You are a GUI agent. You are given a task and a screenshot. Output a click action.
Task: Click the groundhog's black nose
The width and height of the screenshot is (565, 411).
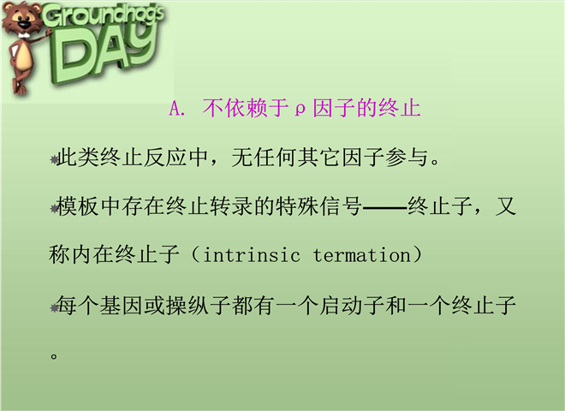24,25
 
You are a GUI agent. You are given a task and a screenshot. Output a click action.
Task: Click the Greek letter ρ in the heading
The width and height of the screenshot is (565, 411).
300,110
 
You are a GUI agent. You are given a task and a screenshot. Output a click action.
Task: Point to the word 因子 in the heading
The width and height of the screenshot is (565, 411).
334,108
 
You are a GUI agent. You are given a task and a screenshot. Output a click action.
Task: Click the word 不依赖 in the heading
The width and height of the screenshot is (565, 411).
235,108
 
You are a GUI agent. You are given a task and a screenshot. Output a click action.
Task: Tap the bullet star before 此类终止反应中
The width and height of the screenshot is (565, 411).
54,160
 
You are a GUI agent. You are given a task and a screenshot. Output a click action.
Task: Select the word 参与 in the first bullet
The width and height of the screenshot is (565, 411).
407,158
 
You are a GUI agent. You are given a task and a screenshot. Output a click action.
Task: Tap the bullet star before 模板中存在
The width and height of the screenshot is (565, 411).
54,209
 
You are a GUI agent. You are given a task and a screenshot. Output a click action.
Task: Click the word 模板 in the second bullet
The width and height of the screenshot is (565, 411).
78,206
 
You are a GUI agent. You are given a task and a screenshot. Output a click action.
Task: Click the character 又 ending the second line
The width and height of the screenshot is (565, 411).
506,206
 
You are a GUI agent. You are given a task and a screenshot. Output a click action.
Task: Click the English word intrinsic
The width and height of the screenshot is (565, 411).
252,255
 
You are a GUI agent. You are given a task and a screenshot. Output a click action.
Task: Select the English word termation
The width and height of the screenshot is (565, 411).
362,255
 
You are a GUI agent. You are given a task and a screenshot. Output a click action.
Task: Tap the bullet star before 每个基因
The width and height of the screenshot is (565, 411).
54,308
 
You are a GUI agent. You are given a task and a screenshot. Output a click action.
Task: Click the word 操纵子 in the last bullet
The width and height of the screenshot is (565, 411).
199,306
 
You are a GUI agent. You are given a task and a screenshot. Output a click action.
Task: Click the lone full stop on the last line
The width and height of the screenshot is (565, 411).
54,356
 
